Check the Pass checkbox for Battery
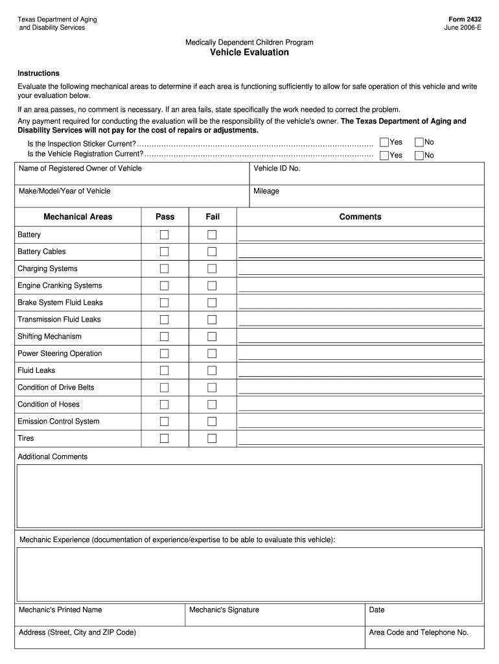pos(165,235)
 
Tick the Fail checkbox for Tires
pos(212,438)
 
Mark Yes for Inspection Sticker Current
pos(384,142)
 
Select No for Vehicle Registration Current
pos(419,155)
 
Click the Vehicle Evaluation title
pos(249,53)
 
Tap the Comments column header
pos(360,217)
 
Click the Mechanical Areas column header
pos(78,217)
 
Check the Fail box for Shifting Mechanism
pos(212,337)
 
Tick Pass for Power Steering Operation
pos(165,353)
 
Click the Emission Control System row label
pos(58,421)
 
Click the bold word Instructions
pos(38,73)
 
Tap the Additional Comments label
pos(52,457)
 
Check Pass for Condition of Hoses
pos(165,405)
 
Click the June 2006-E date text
pos(463,28)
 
